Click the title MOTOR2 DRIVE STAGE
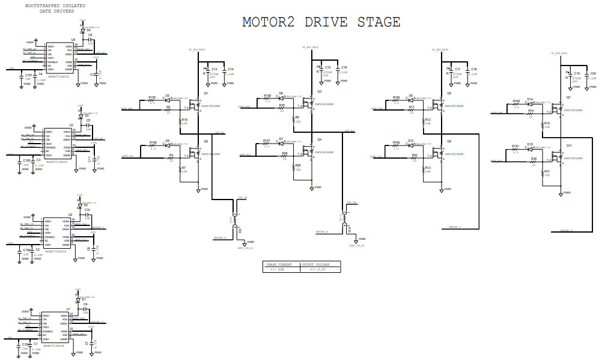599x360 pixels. (321, 22)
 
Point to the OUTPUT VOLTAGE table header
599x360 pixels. (317, 264)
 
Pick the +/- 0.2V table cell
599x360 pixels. (317, 269)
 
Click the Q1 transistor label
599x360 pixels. (206, 94)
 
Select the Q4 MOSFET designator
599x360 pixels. (320, 139)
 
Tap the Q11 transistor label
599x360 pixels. (568, 145)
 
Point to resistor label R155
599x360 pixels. (152, 97)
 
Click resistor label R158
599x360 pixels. (267, 96)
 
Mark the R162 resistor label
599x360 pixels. (516, 100)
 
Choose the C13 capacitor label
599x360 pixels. (214, 69)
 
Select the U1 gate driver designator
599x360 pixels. (68, 308)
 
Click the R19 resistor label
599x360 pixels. (184, 120)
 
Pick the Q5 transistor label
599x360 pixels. (449, 93)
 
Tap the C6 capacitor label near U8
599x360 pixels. (90, 35)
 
